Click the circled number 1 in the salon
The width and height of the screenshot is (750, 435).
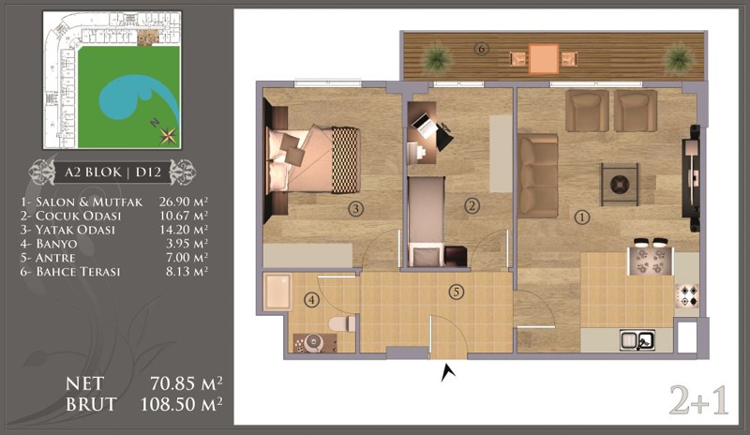click(x=581, y=217)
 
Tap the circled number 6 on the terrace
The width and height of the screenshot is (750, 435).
click(x=481, y=49)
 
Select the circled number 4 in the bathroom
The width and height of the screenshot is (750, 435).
click(x=312, y=301)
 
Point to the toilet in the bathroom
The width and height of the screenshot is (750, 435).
click(x=342, y=323)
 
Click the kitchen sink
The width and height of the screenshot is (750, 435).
click(x=637, y=340)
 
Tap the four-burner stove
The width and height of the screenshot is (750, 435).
click(x=686, y=295)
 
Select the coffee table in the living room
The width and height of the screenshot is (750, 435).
click(x=620, y=185)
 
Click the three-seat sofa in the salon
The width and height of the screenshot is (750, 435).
click(x=538, y=176)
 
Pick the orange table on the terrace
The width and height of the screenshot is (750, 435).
click(x=544, y=59)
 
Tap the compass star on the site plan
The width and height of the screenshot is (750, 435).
click(x=168, y=136)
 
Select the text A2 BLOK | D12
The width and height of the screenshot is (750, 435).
click(x=112, y=172)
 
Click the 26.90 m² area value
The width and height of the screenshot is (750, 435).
click(x=184, y=202)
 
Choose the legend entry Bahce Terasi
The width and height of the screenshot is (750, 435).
click(x=70, y=271)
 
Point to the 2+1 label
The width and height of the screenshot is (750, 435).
click(x=698, y=400)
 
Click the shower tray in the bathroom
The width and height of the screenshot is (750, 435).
click(x=277, y=292)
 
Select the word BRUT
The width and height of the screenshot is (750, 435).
click(x=91, y=404)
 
